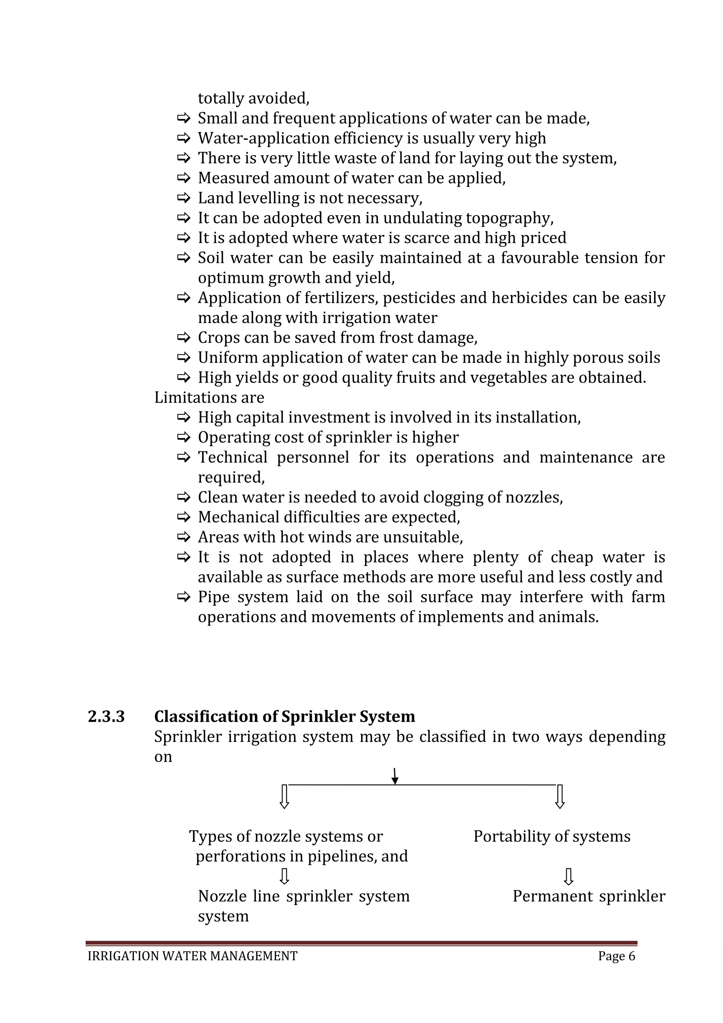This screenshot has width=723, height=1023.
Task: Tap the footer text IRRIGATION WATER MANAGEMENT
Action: click(x=192, y=956)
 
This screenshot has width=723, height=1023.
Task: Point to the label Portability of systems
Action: click(x=551, y=836)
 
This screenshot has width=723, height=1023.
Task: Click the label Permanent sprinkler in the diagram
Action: click(x=588, y=896)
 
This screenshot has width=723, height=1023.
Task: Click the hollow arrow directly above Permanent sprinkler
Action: click(x=568, y=876)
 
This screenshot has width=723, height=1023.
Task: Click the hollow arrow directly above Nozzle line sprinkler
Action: click(x=285, y=876)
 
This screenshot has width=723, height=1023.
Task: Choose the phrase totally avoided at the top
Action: click(x=253, y=98)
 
